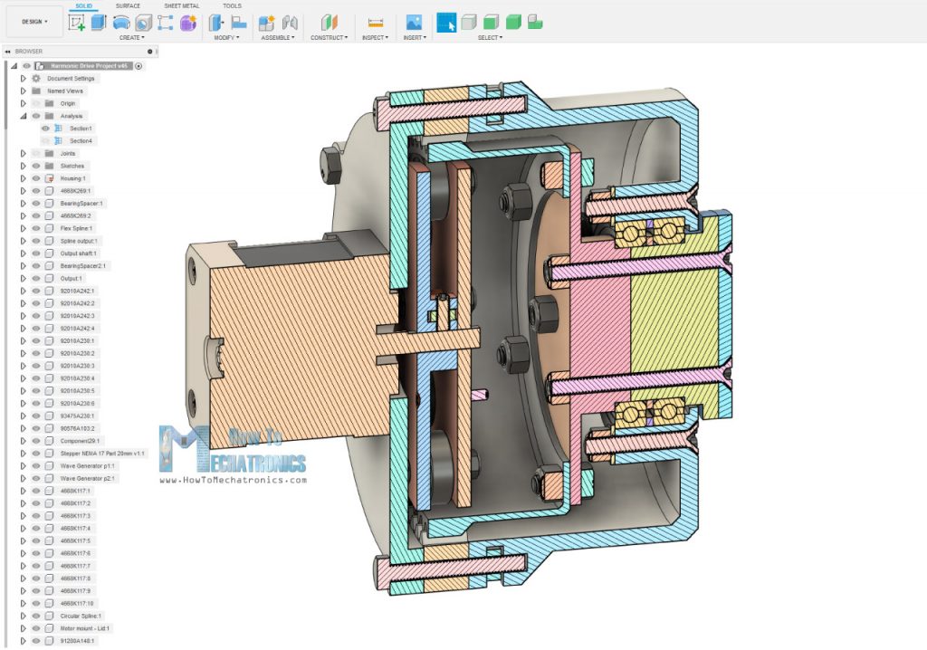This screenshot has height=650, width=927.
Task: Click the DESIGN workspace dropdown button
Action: click(33, 20)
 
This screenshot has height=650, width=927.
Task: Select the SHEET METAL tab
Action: click(181, 5)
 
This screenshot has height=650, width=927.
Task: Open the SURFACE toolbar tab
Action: click(128, 5)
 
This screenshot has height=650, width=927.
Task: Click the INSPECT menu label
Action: click(375, 38)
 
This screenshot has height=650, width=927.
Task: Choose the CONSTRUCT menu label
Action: click(328, 38)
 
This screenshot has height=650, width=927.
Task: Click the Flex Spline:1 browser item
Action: click(76, 228)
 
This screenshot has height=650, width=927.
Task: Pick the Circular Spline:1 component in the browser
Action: click(81, 615)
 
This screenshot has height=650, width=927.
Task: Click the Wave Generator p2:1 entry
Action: click(87, 477)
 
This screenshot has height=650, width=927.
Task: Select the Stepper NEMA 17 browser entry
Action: click(101, 453)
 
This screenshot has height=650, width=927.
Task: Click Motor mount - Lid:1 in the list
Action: click(85, 627)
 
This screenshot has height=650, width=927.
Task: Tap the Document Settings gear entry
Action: click(71, 78)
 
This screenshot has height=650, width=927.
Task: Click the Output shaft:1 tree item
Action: click(78, 253)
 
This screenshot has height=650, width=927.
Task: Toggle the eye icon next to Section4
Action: click(45, 140)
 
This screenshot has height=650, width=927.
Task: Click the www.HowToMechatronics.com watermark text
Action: click(234, 480)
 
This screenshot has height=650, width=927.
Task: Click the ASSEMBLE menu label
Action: click(279, 38)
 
